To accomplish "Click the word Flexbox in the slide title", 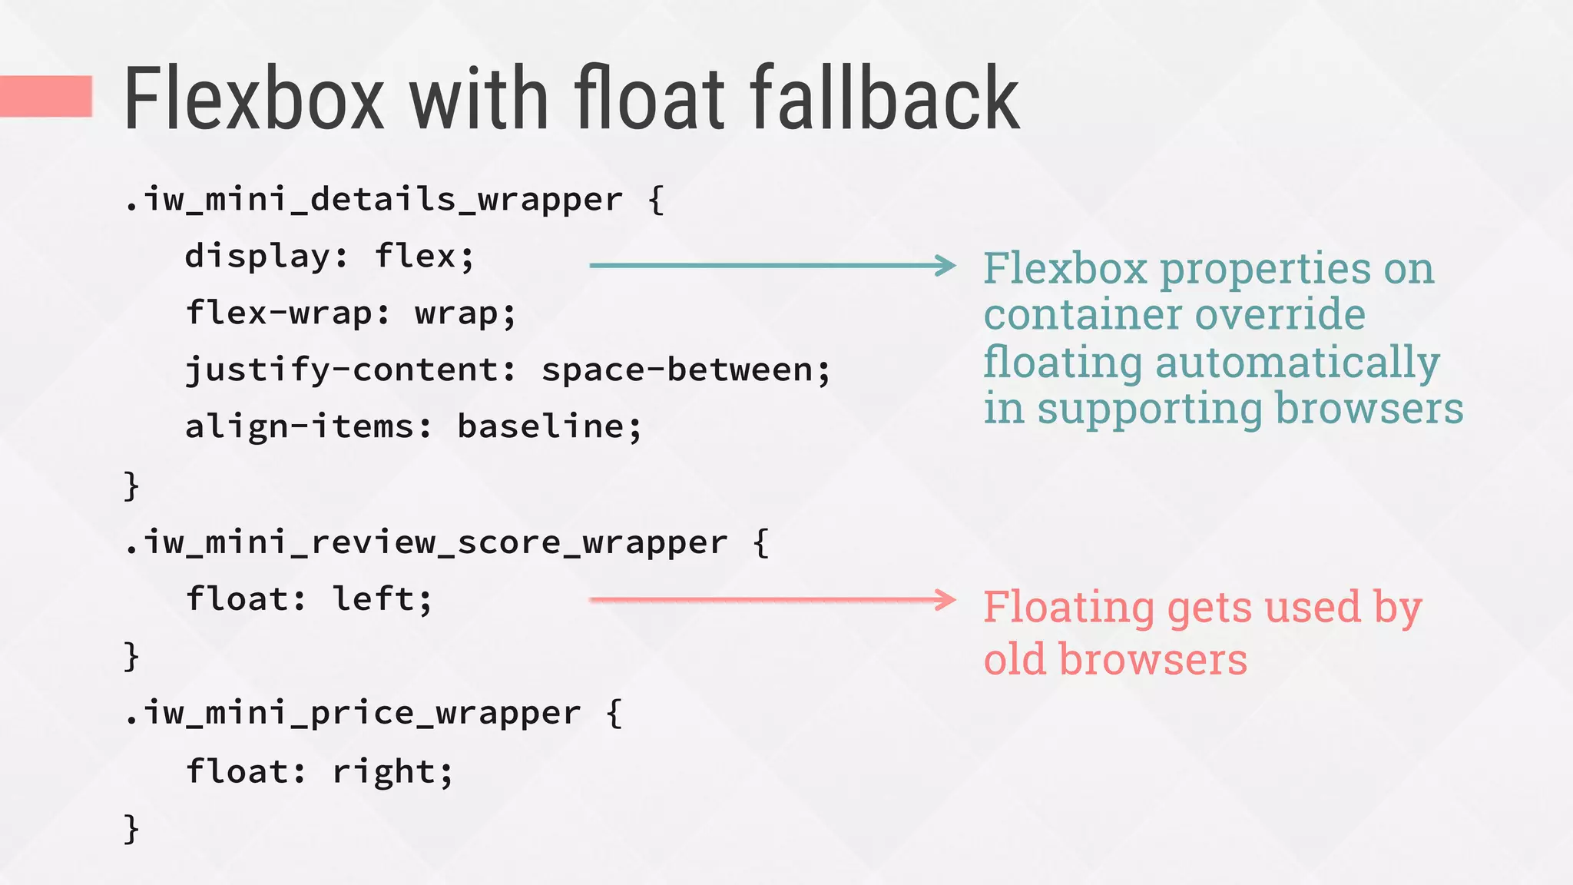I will coord(253,100).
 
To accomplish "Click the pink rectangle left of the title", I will coord(46,96).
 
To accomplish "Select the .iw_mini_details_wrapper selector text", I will coord(373,200).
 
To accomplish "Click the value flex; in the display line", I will coord(425,257).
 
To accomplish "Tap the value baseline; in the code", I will coord(549,427).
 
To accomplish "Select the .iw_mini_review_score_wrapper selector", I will coord(426,542).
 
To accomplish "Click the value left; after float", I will coord(382,599).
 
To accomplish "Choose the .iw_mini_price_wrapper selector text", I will coord(353,713).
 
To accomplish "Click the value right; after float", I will coord(392,771).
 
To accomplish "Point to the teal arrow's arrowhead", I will coord(946,265).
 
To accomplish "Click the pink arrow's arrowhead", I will coord(946,599).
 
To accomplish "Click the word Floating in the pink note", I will coord(1068,608).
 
